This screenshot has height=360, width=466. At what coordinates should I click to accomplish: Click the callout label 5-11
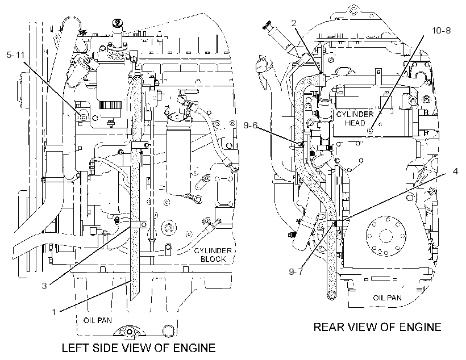(15, 55)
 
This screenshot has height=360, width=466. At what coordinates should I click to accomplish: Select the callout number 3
(44, 286)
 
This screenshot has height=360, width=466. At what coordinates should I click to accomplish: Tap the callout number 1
(54, 312)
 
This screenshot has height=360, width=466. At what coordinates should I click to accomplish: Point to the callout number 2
(294, 23)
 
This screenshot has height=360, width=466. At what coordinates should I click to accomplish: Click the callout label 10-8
(442, 30)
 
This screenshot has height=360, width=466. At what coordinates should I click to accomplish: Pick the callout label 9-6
(251, 125)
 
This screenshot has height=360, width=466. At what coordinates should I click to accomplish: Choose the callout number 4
(455, 171)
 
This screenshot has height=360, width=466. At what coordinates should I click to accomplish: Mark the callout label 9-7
(296, 271)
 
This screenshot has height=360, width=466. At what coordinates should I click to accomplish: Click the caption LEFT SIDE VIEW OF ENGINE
(139, 348)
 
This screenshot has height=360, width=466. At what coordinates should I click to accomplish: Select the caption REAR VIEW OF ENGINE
(377, 327)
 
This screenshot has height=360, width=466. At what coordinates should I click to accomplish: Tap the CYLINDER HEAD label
(355, 118)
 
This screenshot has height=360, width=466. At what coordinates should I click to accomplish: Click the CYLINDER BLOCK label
(213, 255)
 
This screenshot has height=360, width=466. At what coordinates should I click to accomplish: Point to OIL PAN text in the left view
(98, 320)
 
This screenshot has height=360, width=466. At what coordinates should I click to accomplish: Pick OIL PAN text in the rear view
(388, 298)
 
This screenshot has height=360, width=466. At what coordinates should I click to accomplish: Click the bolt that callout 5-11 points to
(83, 118)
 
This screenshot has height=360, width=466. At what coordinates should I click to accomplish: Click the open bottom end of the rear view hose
(331, 295)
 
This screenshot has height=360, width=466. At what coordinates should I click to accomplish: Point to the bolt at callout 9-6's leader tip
(299, 144)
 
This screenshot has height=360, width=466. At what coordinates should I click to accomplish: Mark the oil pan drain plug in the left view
(129, 332)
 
